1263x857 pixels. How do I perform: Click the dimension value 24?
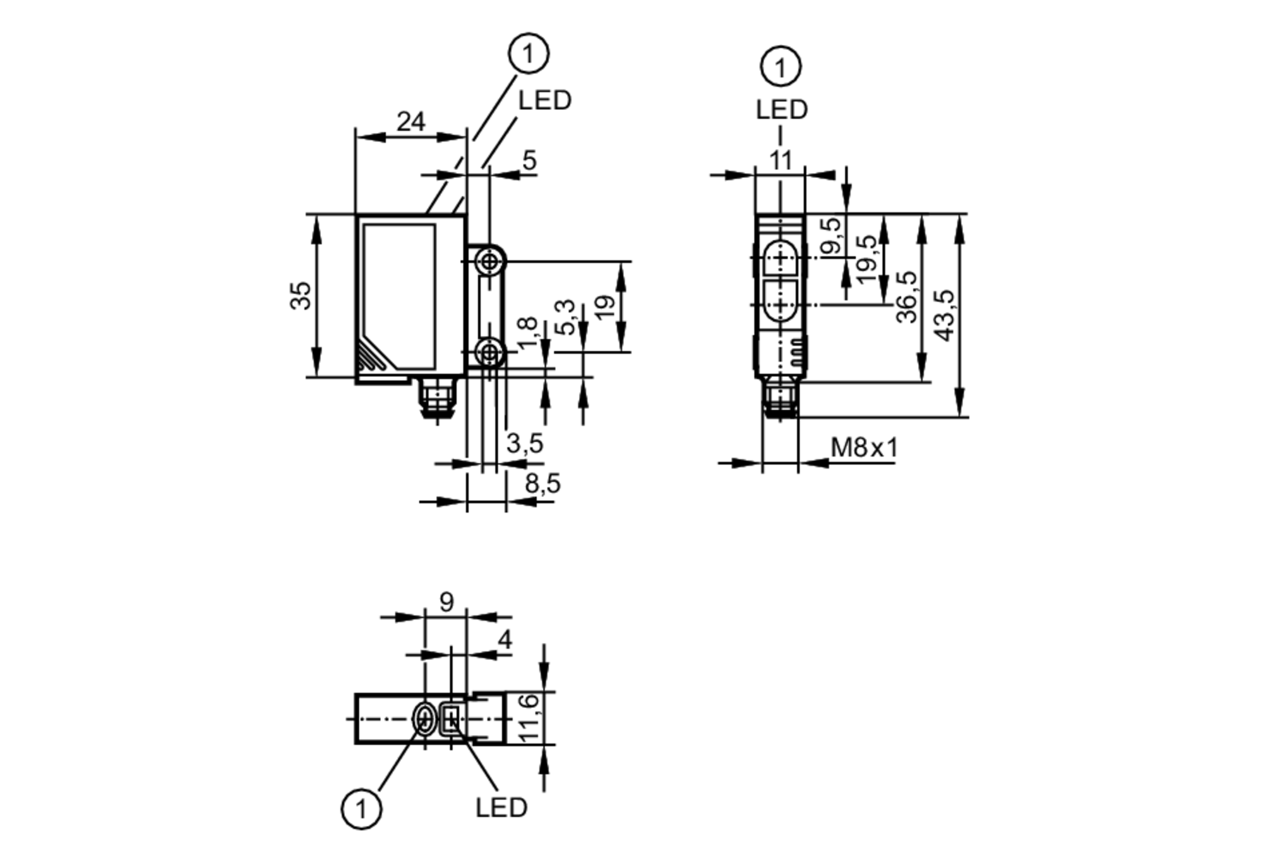pyautogui.click(x=410, y=121)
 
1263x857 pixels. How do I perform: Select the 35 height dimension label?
pyautogui.click(x=301, y=296)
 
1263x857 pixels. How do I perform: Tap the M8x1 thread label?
pyautogui.click(x=863, y=448)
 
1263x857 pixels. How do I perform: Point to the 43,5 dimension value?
pyautogui.click(x=945, y=315)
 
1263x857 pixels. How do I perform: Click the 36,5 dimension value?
pyautogui.click(x=907, y=297)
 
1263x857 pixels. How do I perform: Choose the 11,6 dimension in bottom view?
pyautogui.click(x=528, y=717)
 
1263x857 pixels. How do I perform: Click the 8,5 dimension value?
pyautogui.click(x=542, y=484)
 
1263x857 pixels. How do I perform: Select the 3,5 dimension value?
pyautogui.click(x=525, y=444)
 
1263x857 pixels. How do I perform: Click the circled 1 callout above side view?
pyautogui.click(x=529, y=54)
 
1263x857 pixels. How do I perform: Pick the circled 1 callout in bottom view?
pyautogui.click(x=361, y=808)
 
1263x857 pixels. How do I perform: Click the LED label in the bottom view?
pyautogui.click(x=501, y=807)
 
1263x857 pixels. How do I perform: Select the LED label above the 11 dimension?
pyautogui.click(x=781, y=110)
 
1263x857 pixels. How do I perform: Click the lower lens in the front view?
pyautogui.click(x=781, y=305)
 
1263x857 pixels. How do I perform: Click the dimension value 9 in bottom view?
pyautogui.click(x=446, y=602)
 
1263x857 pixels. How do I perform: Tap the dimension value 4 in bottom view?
pyautogui.click(x=504, y=640)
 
